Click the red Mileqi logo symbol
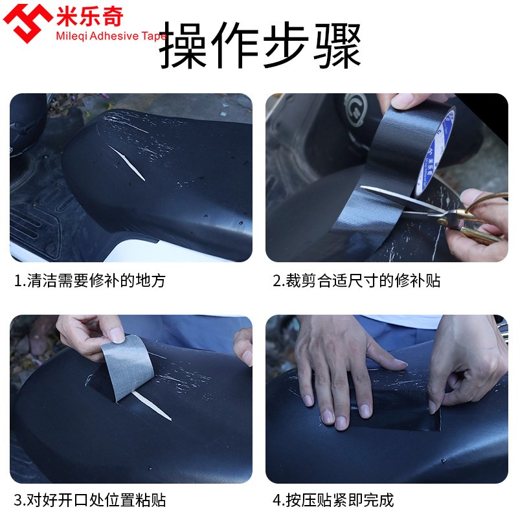[28, 23]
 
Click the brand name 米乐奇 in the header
[89, 16]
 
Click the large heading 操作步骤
[260, 45]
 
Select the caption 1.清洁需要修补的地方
[90, 280]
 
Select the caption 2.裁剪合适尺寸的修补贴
[356, 280]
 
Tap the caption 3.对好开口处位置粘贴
[90, 500]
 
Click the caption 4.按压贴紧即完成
[333, 500]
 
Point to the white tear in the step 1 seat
[126, 163]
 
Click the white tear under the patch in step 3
[152, 405]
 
